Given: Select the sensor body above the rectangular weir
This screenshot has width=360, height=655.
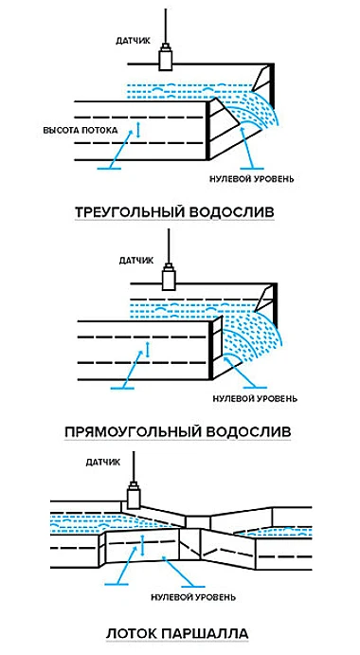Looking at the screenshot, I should click(171, 279).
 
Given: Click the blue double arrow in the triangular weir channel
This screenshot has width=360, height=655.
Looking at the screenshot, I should click(136, 128).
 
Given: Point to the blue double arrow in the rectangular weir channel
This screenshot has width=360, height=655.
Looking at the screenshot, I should click(144, 353).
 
